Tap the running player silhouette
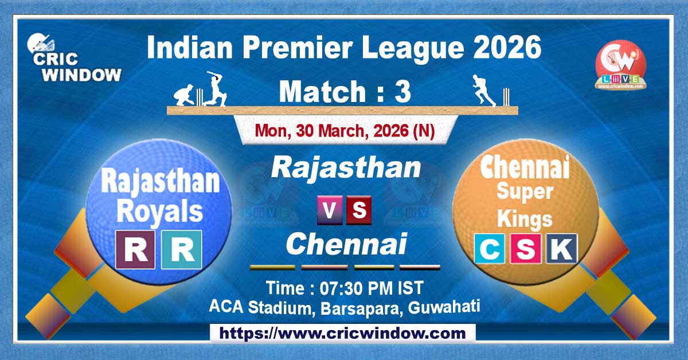pos(483,91)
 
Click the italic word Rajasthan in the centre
pos(346,168)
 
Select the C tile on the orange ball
pos(488,249)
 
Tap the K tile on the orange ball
pos(562,249)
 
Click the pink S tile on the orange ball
pos(525,249)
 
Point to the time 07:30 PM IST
pos(345,287)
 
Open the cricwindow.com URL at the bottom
pos(343,333)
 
